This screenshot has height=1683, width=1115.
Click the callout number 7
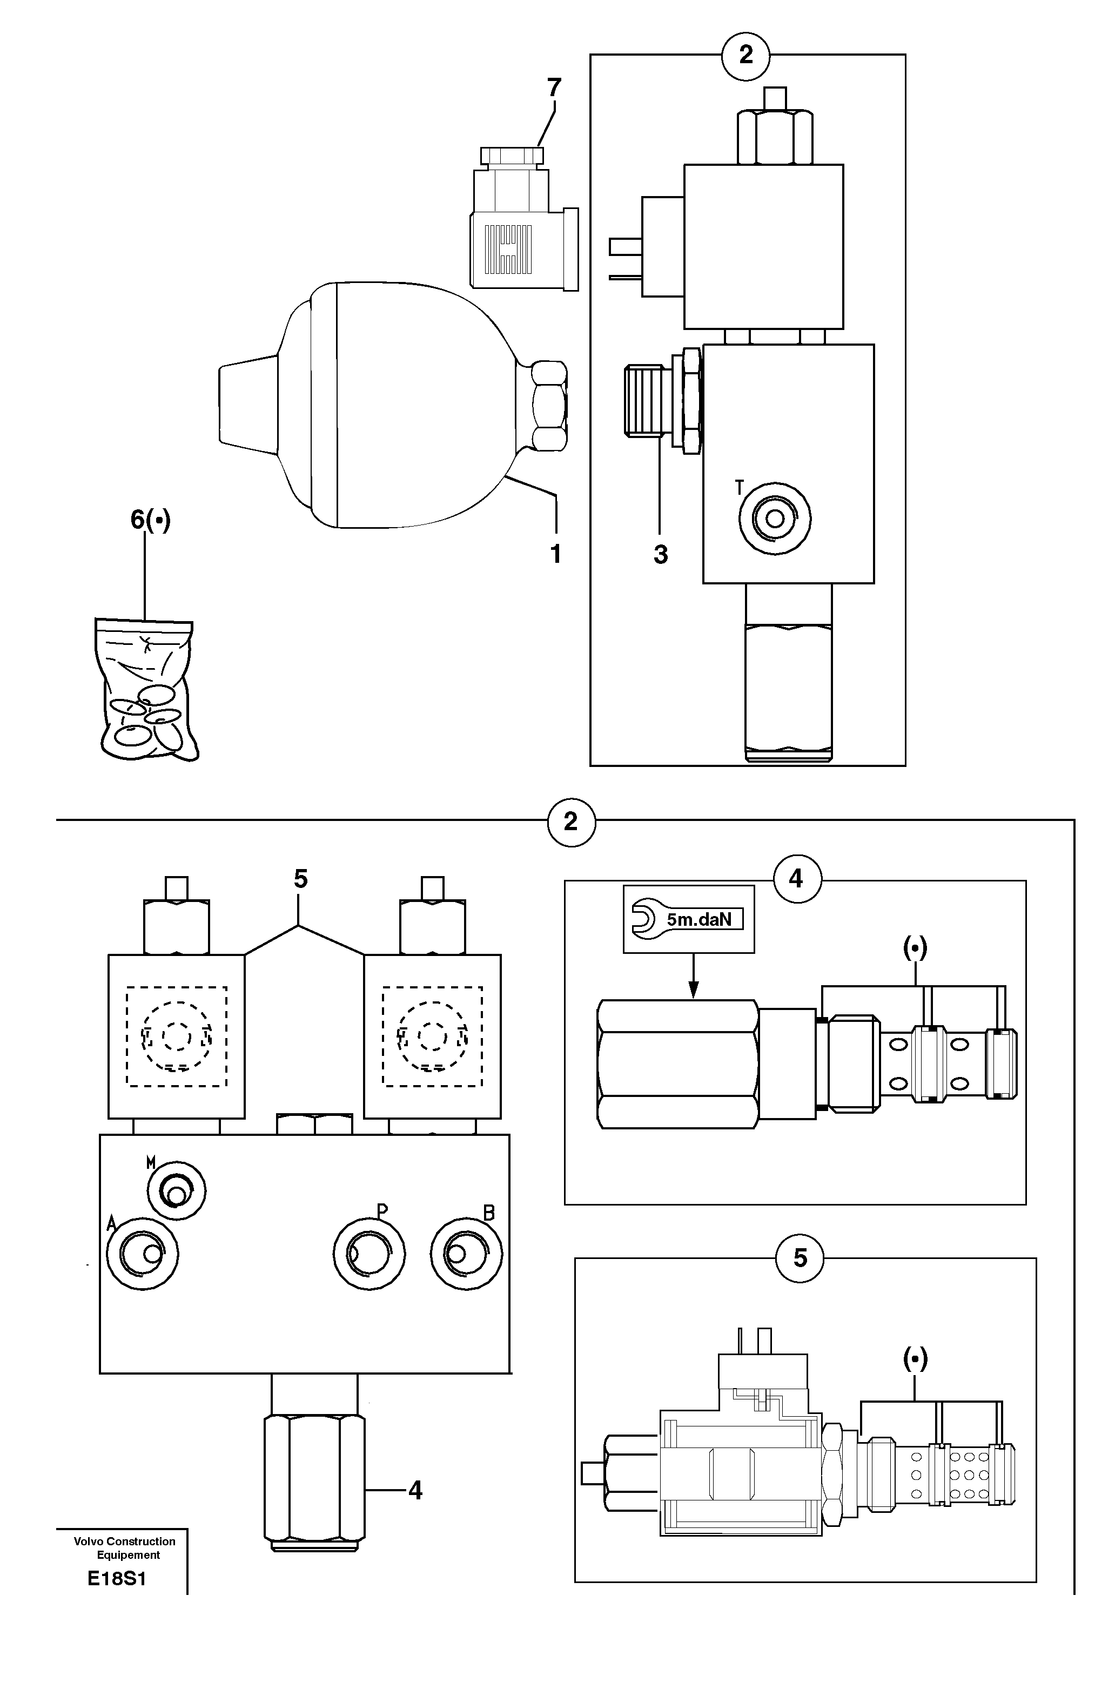click(554, 88)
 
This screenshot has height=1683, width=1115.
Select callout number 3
click(661, 555)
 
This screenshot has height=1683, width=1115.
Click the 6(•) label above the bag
click(151, 520)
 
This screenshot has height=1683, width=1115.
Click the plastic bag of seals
click(146, 689)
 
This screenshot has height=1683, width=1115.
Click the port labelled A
click(142, 1254)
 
